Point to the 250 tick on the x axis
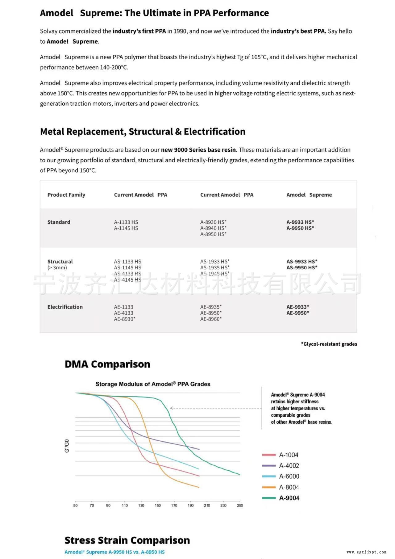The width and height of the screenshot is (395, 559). (x=240, y=506)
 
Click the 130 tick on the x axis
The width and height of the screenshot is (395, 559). (x=141, y=506)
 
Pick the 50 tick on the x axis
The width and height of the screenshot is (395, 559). (x=75, y=506)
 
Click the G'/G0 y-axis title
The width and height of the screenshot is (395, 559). (x=67, y=446)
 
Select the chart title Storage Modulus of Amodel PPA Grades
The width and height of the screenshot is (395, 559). (x=153, y=384)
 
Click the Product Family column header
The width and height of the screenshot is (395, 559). (x=66, y=195)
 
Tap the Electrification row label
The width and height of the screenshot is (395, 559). (x=65, y=307)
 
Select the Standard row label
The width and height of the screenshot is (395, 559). (x=59, y=222)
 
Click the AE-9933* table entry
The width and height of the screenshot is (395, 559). (x=297, y=307)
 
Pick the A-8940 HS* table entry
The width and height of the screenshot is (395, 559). (x=213, y=228)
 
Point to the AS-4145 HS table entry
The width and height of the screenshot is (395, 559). (x=127, y=280)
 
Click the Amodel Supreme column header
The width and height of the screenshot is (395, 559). (x=309, y=195)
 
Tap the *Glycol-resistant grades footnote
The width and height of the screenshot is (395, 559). (x=329, y=344)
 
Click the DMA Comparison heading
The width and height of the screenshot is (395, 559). (x=107, y=364)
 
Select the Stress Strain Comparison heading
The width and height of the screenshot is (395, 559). (x=127, y=540)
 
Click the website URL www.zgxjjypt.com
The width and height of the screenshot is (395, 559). (x=366, y=552)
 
